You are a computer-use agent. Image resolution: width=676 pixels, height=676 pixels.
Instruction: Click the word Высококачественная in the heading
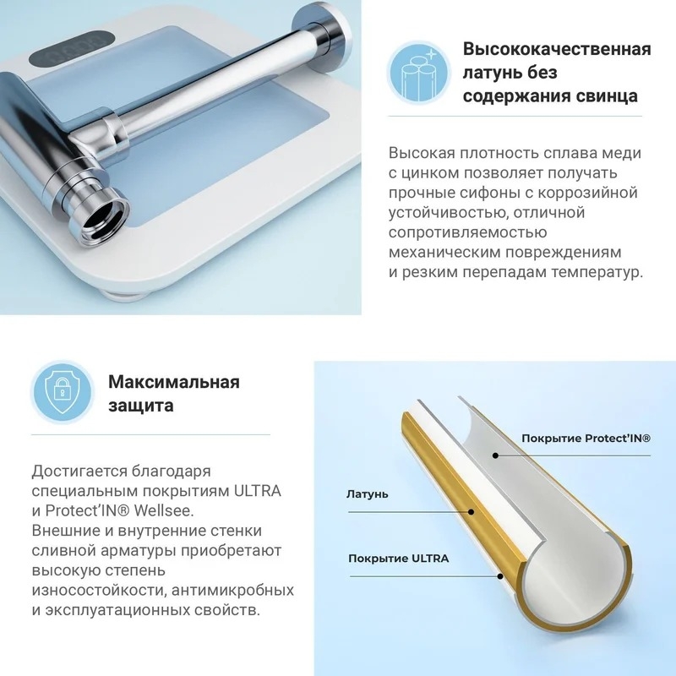point(557,50)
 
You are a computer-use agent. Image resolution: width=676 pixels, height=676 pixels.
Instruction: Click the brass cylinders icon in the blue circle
point(418,73)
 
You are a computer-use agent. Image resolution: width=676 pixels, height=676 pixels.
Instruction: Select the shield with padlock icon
point(62,392)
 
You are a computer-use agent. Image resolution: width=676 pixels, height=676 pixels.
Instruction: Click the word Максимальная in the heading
point(174,382)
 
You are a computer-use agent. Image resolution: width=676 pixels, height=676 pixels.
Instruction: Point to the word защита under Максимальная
point(141,406)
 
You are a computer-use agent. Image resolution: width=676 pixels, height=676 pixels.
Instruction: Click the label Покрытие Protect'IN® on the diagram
point(586,439)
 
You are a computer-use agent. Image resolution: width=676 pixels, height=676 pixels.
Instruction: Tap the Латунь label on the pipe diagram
point(368,494)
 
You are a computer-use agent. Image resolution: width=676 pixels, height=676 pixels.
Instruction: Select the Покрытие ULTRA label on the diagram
point(398,559)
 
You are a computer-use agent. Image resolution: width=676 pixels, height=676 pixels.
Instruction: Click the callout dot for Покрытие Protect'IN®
point(496,455)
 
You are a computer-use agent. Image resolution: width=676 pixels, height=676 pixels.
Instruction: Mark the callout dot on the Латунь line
point(472,512)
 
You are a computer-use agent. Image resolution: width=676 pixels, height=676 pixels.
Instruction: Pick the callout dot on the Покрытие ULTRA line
point(500,576)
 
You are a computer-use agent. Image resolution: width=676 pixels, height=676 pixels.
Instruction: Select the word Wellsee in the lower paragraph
point(164,511)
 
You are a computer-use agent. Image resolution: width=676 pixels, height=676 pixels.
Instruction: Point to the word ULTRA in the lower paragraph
point(258,491)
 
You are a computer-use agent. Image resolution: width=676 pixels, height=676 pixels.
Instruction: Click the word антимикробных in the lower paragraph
point(233,590)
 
